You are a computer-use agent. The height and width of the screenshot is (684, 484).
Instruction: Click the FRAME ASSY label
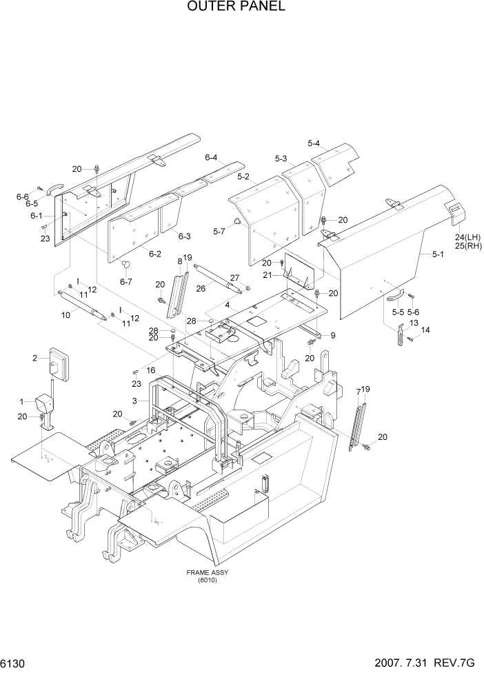(207, 573)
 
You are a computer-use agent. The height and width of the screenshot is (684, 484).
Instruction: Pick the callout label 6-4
(211, 157)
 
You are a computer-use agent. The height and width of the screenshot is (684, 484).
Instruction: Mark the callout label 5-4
(314, 143)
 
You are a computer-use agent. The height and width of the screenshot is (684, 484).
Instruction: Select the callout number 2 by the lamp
(34, 357)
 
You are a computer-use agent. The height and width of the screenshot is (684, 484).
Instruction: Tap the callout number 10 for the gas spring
(66, 316)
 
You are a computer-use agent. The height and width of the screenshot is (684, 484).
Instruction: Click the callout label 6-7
(125, 281)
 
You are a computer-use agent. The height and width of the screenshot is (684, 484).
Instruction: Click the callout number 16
(150, 371)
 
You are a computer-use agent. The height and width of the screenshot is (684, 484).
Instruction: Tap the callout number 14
(425, 330)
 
